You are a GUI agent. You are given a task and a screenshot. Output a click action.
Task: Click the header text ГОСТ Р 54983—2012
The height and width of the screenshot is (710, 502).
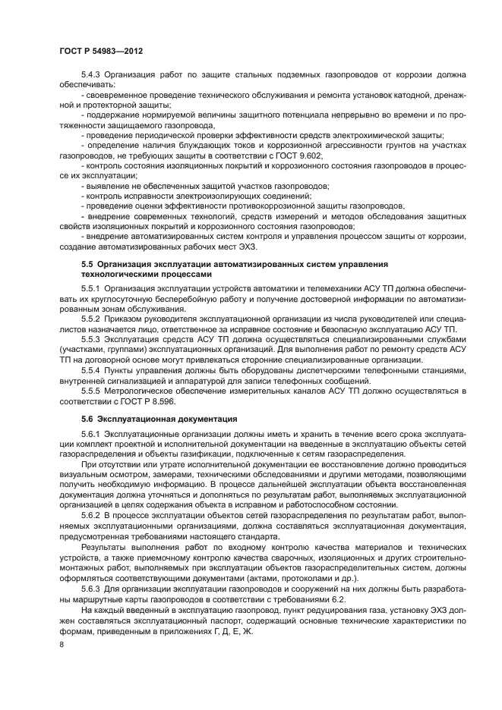pos(101,50)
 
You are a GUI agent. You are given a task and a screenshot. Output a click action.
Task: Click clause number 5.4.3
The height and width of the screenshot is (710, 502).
pos(92,74)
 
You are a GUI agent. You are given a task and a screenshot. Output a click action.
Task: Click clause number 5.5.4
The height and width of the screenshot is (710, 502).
pos(92,370)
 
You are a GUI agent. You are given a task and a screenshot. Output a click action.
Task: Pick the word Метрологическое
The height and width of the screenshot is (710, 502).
pos(145,390)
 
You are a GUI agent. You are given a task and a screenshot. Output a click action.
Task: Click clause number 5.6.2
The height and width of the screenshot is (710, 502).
pos(92,514)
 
